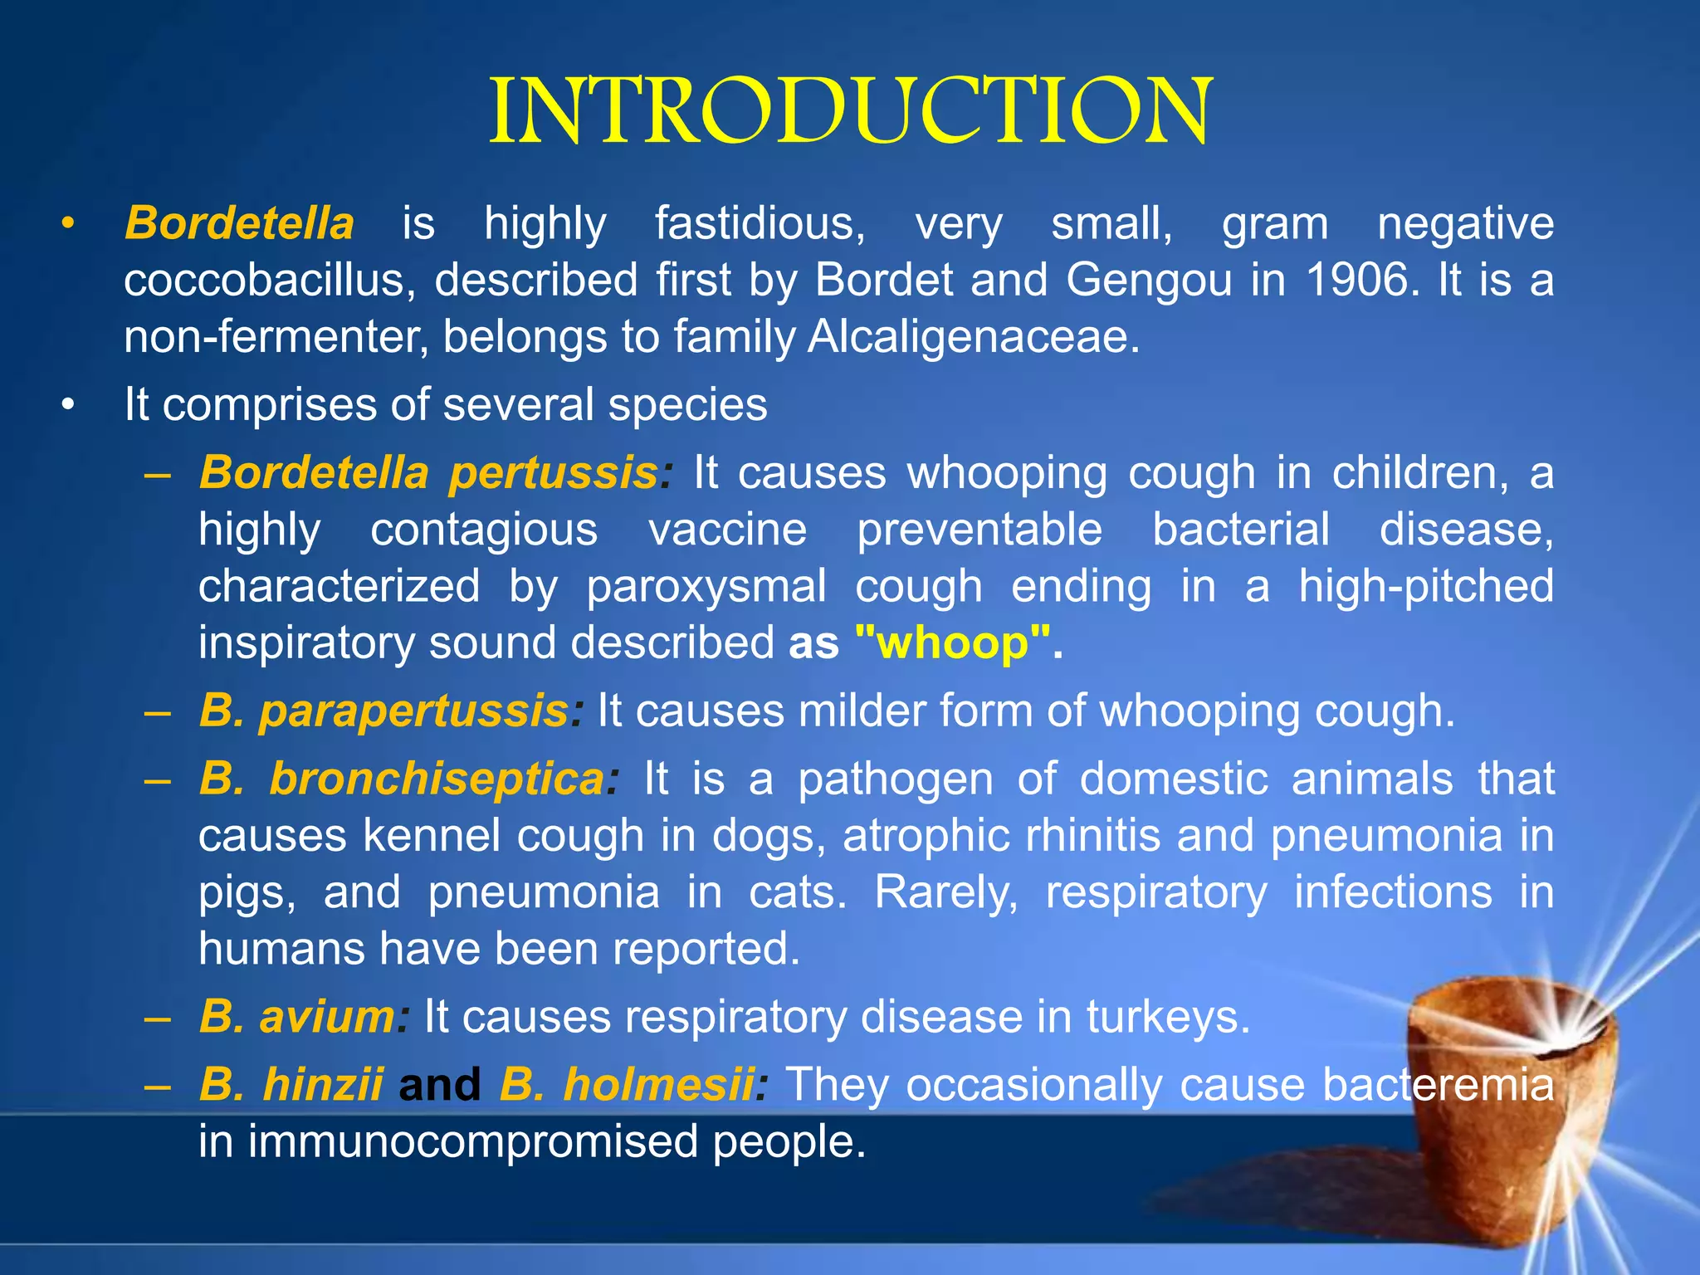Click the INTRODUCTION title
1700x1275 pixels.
click(850, 112)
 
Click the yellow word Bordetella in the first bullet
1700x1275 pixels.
click(239, 224)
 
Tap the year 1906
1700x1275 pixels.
click(1358, 281)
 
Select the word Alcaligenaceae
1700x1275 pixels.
click(974, 337)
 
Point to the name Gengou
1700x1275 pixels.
click(1149, 281)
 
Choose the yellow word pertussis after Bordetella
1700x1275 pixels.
click(553, 473)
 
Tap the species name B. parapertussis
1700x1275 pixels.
click(383, 711)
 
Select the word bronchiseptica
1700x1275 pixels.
click(437, 779)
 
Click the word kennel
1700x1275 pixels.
click(431, 836)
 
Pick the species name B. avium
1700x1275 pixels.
click(297, 1017)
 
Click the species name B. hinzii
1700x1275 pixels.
click(291, 1085)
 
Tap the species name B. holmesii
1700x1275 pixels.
click(627, 1085)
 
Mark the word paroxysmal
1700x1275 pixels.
click(706, 587)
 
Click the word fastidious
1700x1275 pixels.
click(760, 224)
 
